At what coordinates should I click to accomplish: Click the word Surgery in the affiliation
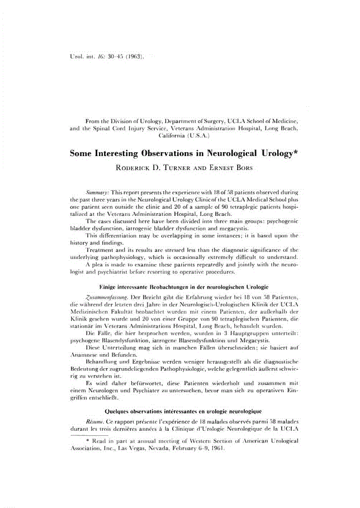(212, 120)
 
